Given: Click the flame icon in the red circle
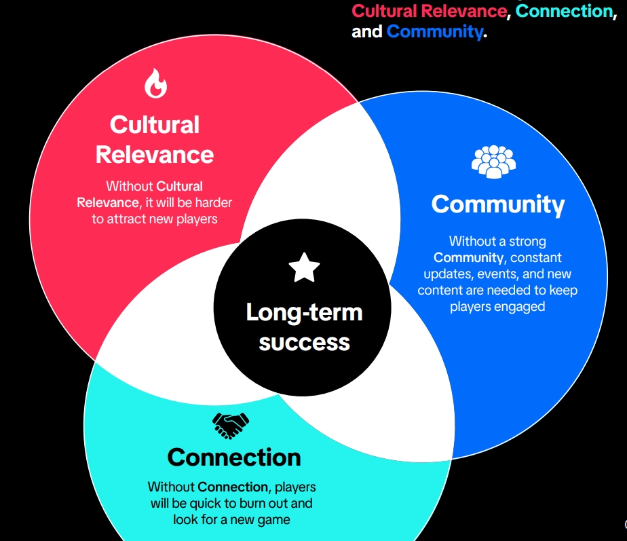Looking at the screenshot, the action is click(155, 83).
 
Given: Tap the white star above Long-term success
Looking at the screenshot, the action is click(304, 267).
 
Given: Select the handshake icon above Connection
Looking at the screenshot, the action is click(231, 426).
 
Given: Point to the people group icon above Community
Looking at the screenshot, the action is click(493, 162).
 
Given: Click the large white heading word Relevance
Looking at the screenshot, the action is click(155, 155).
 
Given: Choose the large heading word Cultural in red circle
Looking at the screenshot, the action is click(155, 124).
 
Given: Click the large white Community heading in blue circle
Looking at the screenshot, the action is click(498, 204).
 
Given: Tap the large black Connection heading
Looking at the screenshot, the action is click(234, 457).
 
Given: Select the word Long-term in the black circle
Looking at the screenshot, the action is click(304, 312).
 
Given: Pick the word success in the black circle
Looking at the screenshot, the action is click(304, 343).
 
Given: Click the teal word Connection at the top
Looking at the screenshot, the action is click(564, 11).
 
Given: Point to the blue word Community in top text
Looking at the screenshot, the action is click(435, 31).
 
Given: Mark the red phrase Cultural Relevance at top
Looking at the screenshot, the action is click(429, 11).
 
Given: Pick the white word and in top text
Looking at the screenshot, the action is click(366, 32).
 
